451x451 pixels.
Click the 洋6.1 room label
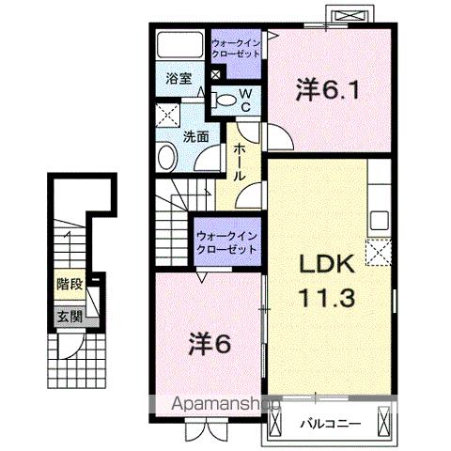click(327, 89)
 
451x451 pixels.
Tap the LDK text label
click(327, 264)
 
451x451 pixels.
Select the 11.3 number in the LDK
click(328, 297)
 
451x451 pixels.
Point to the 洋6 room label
click(210, 344)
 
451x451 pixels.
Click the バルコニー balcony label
click(331, 425)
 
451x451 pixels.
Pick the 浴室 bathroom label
click(179, 79)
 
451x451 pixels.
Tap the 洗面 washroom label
click(195, 136)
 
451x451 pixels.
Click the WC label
click(245, 101)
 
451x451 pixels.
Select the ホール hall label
click(239, 162)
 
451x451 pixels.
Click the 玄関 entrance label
click(70, 318)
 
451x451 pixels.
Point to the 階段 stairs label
click(70, 285)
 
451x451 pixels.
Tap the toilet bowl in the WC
click(224, 101)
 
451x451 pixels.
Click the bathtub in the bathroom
click(179, 44)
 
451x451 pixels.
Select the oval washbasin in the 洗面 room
click(168, 158)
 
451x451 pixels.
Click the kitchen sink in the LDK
click(380, 220)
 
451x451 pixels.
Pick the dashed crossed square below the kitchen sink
click(379, 253)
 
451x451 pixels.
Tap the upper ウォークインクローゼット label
click(236, 48)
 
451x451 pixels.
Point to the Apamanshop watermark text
click(226, 404)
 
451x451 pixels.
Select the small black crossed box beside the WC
click(215, 74)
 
